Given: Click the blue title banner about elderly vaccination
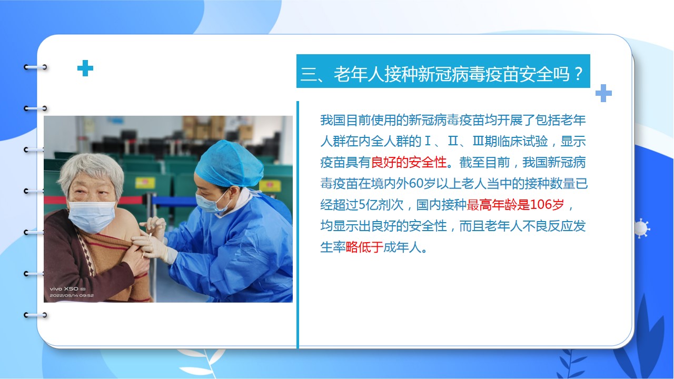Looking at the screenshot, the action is pyautogui.click(x=443, y=71).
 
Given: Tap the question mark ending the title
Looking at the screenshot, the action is pyautogui.click(x=578, y=74).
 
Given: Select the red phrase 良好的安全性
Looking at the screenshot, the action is pyautogui.click(x=409, y=163).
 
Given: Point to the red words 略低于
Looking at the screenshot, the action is pyautogui.click(x=364, y=247).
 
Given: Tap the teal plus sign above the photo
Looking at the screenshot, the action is pyautogui.click(x=85, y=68).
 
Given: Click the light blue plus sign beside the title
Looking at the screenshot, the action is pyautogui.click(x=603, y=93).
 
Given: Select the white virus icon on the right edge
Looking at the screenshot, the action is pyautogui.click(x=641, y=228).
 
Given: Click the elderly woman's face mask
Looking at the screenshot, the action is pyautogui.click(x=91, y=216).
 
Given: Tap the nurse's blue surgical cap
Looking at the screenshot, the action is pyautogui.click(x=229, y=164).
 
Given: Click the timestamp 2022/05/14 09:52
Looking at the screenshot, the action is pyautogui.click(x=72, y=295).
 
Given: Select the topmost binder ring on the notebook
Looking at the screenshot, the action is pyautogui.click(x=35, y=67).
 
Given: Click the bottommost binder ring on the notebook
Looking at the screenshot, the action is pyautogui.click(x=35, y=315).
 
